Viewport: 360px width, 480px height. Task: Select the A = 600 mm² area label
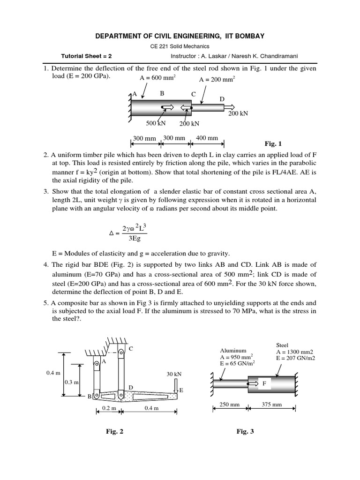157,78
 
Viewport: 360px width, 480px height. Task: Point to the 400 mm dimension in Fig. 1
207,138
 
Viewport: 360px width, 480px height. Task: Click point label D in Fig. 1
222,99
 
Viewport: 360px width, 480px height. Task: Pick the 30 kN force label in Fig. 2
174,374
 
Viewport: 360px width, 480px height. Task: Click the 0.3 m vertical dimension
71,382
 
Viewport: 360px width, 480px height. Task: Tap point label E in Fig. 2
181,390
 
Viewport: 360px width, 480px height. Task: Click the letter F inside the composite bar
264,383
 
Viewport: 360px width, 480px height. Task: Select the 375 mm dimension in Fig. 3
272,405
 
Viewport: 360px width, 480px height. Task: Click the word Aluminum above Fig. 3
233,350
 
